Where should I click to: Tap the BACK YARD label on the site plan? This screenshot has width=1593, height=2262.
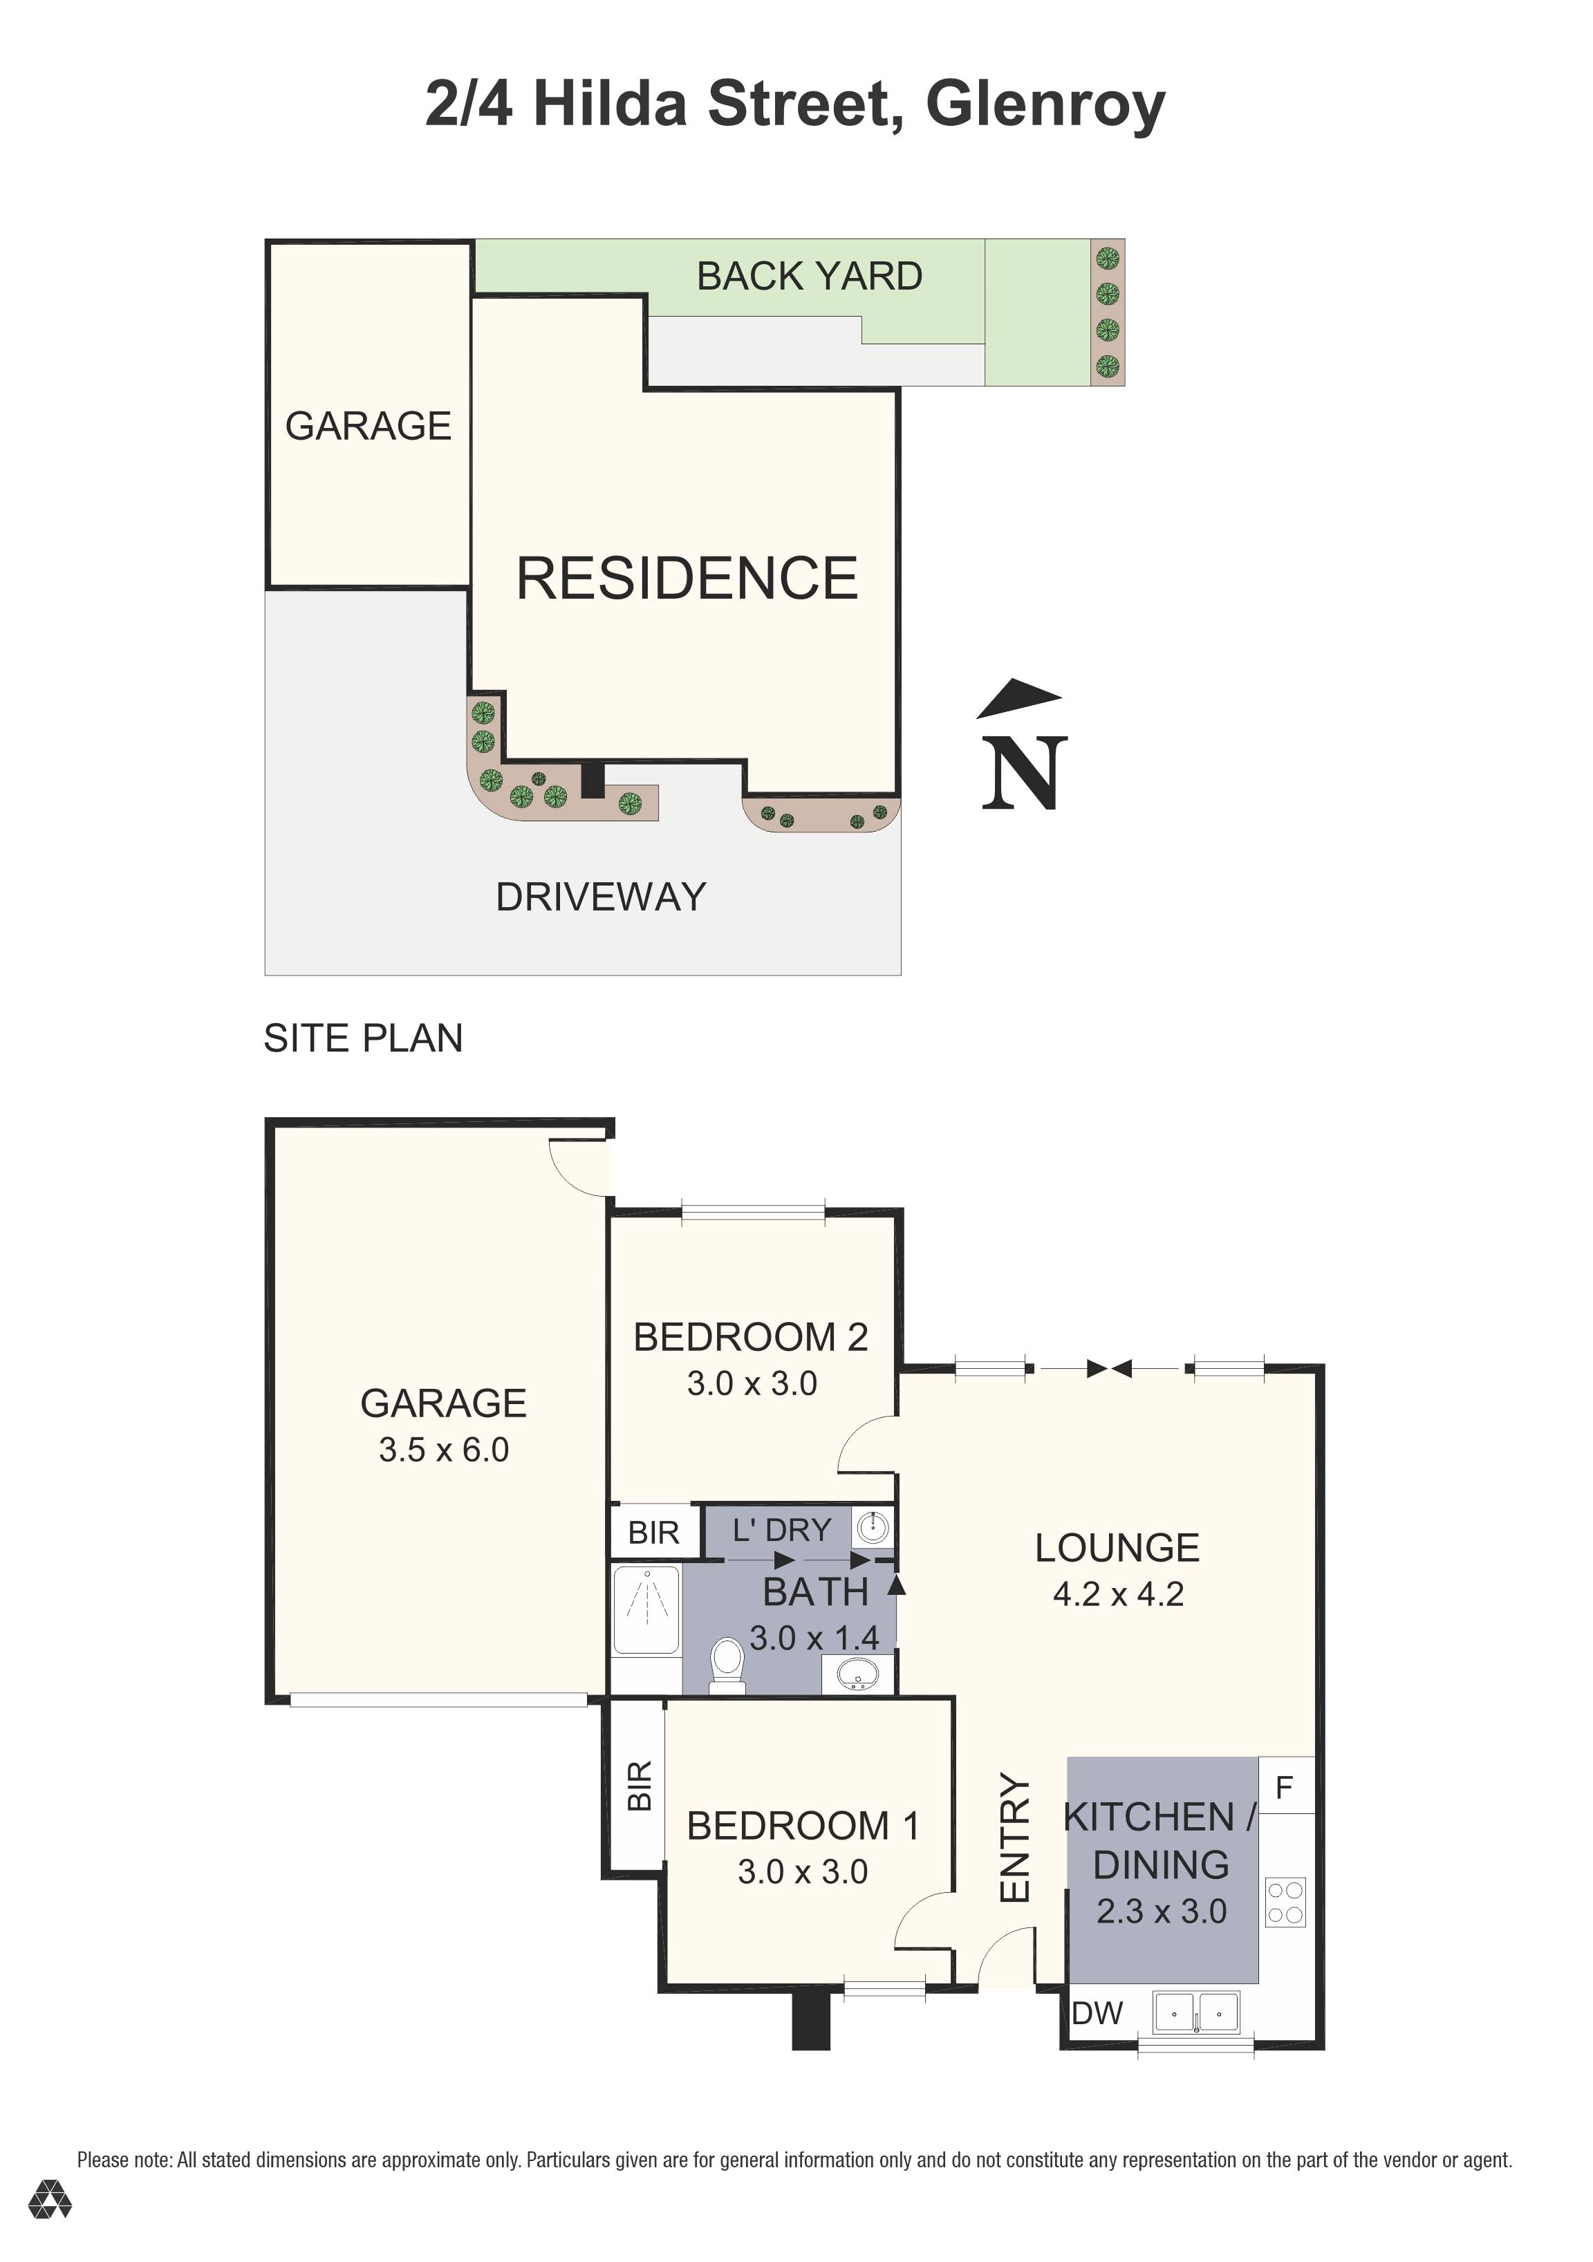(809, 277)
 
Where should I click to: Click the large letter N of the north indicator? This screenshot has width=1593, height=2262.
(1025, 774)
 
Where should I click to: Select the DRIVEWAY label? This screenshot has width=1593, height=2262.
(600, 897)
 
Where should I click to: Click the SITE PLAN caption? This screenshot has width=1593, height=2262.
(362, 1038)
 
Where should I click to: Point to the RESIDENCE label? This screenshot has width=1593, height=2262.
(687, 579)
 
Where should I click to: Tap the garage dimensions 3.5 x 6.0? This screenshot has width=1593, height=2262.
(443, 1450)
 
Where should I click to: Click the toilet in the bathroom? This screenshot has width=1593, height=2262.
(727, 1665)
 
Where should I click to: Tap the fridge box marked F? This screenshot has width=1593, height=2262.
(1285, 1787)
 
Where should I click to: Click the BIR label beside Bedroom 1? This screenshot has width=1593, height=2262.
(640, 1786)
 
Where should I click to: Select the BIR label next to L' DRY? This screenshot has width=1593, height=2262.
(653, 1533)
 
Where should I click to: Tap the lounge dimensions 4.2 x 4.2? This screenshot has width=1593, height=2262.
(1117, 1594)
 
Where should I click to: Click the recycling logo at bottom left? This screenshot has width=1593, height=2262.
(49, 2227)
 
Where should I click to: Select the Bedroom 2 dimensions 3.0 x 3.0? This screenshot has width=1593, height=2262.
(752, 1383)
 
